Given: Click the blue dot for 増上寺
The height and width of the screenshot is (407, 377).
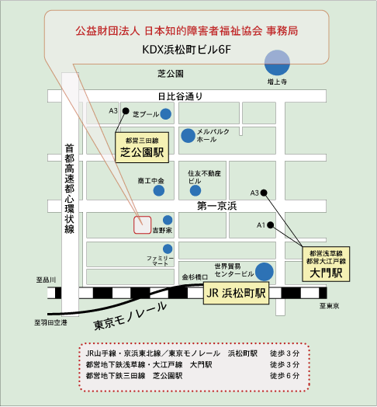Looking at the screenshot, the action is [277, 63].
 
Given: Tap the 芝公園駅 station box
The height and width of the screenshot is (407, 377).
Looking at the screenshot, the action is [142, 148].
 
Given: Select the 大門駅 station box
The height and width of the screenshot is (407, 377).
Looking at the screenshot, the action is [326, 264].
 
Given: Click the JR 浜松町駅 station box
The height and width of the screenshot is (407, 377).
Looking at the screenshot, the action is [236, 294].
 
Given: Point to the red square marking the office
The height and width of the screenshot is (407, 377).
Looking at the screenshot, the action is [143, 224].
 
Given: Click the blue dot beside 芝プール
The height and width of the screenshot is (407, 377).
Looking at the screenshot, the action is [166, 114].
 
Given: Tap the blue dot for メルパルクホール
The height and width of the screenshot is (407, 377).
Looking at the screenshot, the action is [188, 135].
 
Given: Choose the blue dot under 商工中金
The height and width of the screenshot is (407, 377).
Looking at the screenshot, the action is [159, 191].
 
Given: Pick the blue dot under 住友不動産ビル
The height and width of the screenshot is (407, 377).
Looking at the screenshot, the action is [195, 191].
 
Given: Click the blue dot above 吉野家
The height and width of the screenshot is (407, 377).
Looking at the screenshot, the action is [168, 220].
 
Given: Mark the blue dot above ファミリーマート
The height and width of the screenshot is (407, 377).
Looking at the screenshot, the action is [168, 249].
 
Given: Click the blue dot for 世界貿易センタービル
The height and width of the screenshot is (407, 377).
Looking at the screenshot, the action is [265, 272].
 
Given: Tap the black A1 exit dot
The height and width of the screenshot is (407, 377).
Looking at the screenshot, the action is [271, 225].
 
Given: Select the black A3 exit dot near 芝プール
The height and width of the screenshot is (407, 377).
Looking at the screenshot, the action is [126, 111].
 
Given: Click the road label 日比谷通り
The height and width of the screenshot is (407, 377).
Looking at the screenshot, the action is [181, 96].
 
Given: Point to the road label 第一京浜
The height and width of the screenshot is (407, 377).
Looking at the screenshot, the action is [217, 206].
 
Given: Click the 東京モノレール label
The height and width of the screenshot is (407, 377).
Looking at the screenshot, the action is [130, 316].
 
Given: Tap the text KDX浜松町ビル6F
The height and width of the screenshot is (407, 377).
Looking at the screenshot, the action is [186, 50].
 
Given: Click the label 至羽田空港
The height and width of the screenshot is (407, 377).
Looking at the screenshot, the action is [50, 322].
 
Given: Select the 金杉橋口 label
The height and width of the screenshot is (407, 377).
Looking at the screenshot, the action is [195, 277].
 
